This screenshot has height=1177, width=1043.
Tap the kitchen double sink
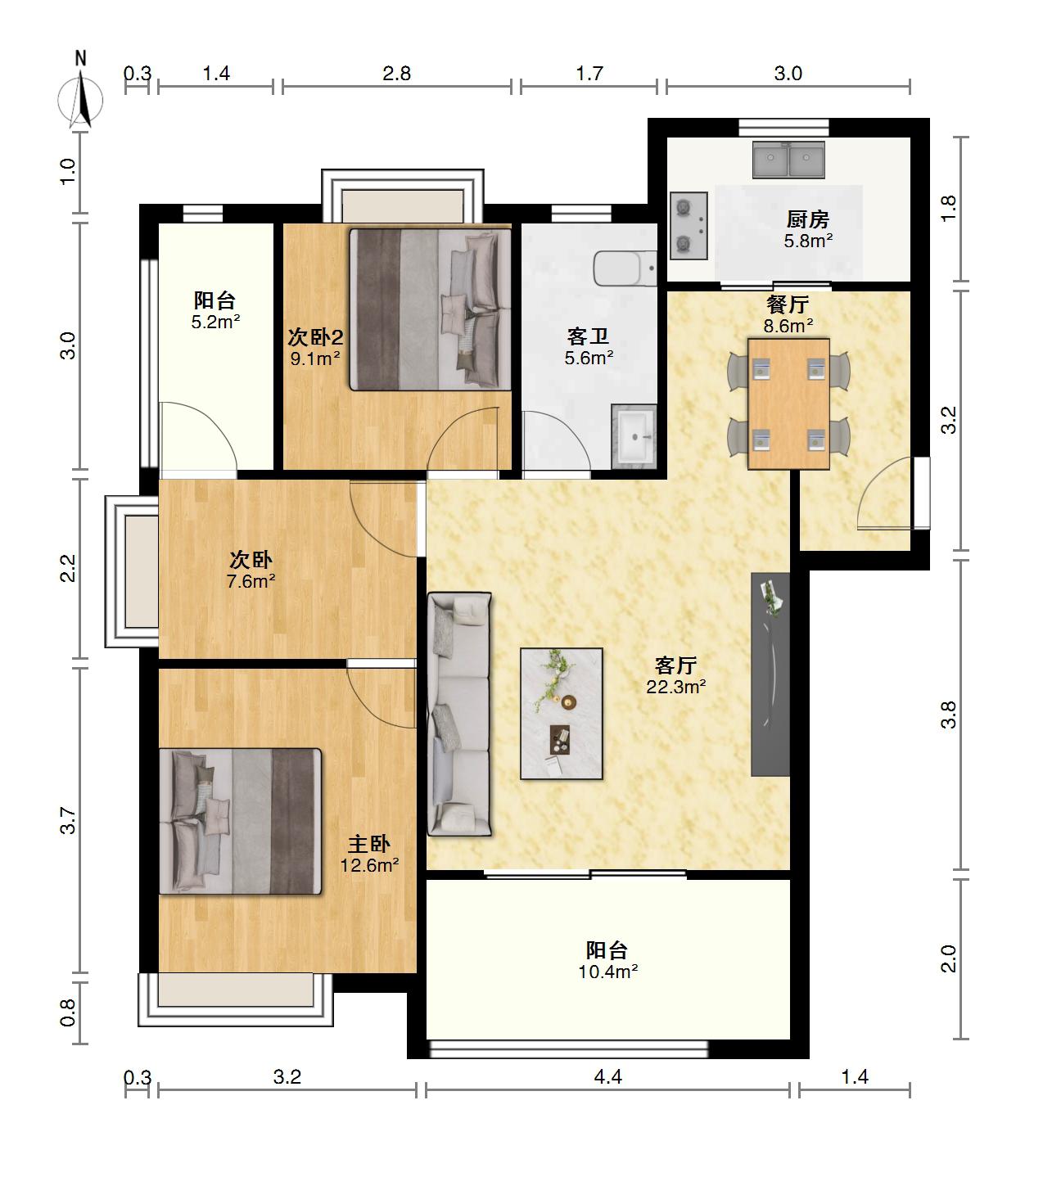(x=788, y=159)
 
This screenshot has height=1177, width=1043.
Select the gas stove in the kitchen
(x=689, y=225)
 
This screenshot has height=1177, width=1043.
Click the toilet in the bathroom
(x=625, y=268)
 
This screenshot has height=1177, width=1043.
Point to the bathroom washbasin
(x=634, y=436)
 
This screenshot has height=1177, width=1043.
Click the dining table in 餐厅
(x=788, y=404)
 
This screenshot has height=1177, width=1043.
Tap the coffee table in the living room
(x=562, y=714)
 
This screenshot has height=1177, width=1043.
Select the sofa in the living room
(x=459, y=714)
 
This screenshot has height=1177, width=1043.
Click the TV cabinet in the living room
(x=770, y=674)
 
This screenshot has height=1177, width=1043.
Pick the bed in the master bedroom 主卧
(x=240, y=822)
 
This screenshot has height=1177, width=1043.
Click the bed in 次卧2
(x=430, y=309)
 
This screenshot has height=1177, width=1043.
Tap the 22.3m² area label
(x=675, y=687)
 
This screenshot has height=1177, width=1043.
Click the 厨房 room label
(x=808, y=219)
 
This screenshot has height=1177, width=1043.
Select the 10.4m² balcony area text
(x=607, y=972)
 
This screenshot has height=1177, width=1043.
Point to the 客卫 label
(x=588, y=336)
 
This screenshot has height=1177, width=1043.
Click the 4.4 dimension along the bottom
(x=607, y=1077)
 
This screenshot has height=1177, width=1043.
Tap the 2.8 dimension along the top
(x=397, y=74)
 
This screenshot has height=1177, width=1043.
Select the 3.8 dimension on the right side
(x=948, y=715)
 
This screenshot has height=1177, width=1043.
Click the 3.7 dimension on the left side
(x=68, y=820)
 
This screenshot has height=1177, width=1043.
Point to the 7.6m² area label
(x=251, y=581)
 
